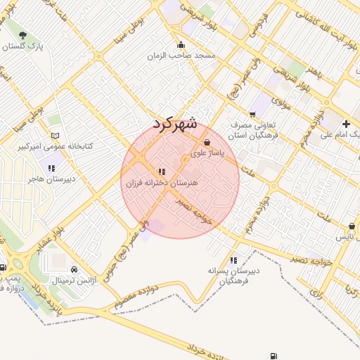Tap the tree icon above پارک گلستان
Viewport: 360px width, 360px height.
click(23, 35)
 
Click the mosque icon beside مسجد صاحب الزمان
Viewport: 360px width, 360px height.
click(181, 45)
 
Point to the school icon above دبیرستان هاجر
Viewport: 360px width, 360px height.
click(51, 168)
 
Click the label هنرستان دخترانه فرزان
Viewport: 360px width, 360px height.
click(154, 183)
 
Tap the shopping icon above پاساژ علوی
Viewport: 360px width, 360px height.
click(205, 141)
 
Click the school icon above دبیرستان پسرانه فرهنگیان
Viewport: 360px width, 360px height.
click(233, 260)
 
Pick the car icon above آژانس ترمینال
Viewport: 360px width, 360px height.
click(75, 269)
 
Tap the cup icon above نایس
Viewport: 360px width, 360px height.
click(352, 227)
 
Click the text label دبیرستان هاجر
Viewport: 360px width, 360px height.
click(50, 179)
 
